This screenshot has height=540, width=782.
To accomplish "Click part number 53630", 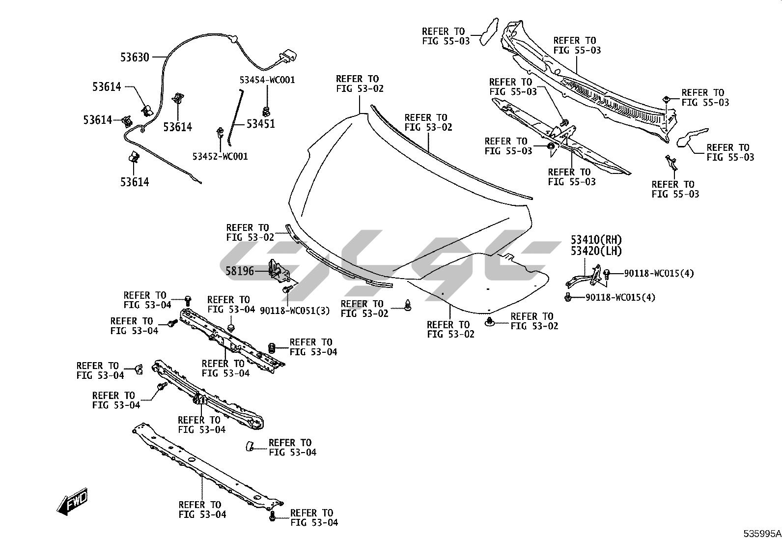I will pyautogui.click(x=135, y=57).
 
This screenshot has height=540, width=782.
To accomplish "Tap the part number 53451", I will pyautogui.click(x=260, y=124).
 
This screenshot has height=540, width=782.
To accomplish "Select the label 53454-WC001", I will pyautogui.click(x=267, y=80).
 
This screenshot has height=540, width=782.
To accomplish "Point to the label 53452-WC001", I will pyautogui.click(x=220, y=156).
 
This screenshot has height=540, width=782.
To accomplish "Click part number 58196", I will pyautogui.click(x=240, y=270).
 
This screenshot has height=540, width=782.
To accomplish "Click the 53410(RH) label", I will pyautogui.click(x=596, y=240).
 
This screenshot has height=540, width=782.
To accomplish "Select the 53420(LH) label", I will pyautogui.click(x=596, y=251).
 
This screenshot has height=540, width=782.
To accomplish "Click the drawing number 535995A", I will pyautogui.click(x=761, y=534).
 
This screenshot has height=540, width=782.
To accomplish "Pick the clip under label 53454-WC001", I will pyautogui.click(x=267, y=111).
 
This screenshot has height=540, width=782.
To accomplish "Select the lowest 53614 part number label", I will pyautogui.click(x=135, y=182).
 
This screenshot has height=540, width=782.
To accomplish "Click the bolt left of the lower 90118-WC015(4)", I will pyautogui.click(x=568, y=297).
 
